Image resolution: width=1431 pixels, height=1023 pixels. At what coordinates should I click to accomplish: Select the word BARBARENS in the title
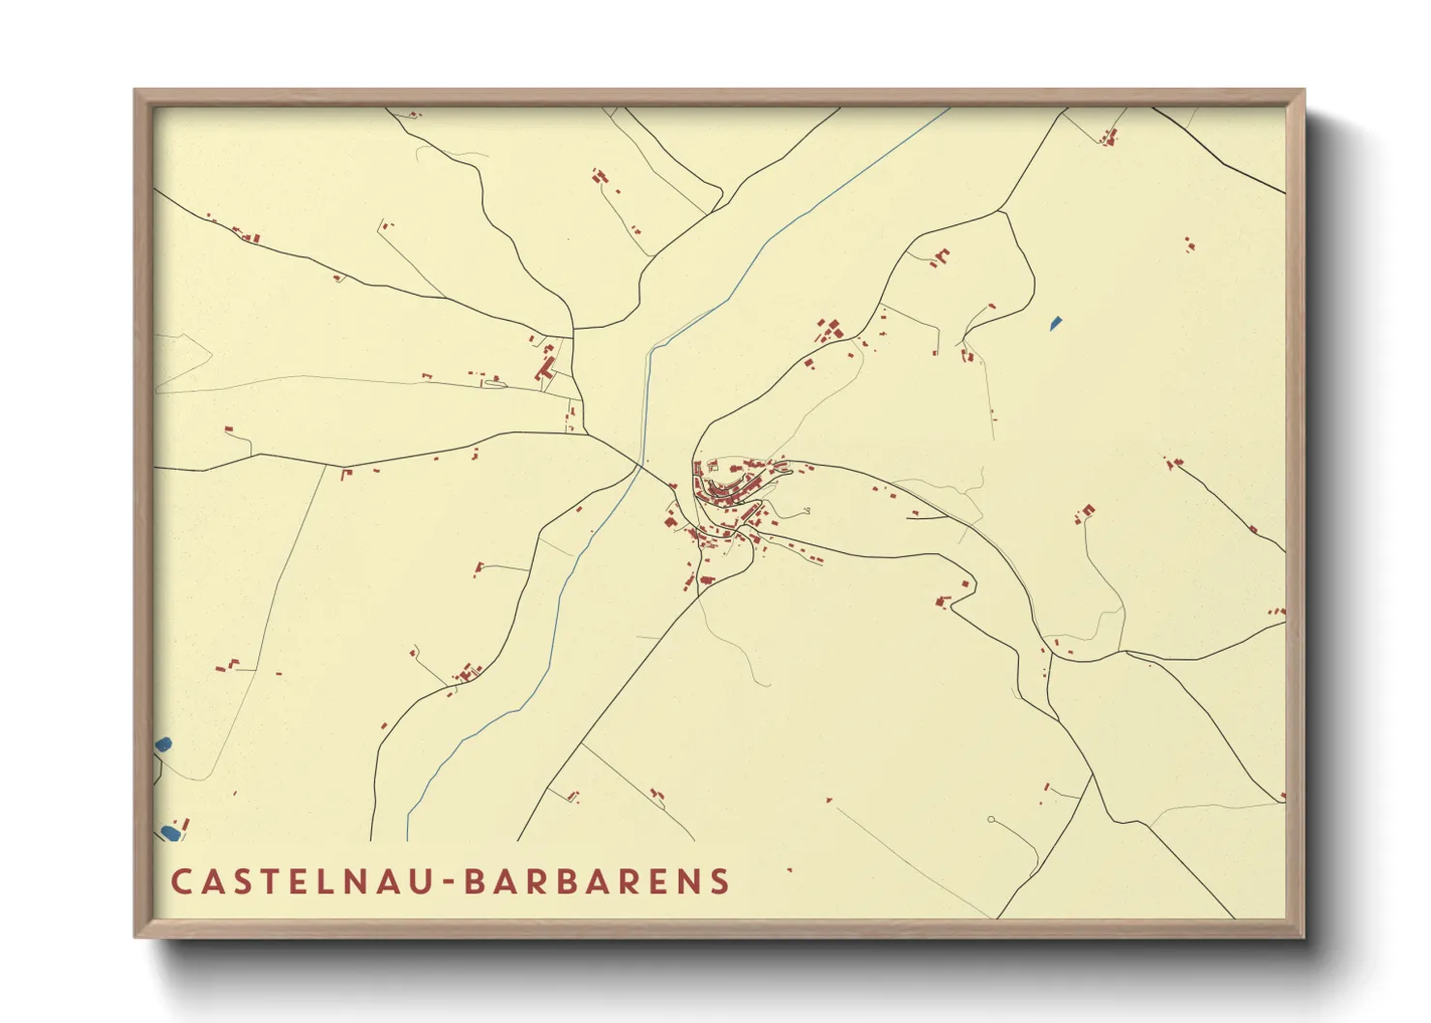(598, 881)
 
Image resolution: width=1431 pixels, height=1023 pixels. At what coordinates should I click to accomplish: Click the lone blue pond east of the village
(1056, 324)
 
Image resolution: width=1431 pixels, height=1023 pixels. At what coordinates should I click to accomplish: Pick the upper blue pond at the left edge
(162, 745)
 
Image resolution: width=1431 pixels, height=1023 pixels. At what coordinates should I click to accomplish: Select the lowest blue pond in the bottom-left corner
(169, 833)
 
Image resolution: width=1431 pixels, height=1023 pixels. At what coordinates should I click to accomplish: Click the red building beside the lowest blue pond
(186, 824)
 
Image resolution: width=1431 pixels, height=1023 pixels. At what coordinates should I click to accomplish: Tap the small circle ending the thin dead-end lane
(991, 820)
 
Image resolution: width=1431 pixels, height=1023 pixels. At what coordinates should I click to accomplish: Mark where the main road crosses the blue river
(638, 467)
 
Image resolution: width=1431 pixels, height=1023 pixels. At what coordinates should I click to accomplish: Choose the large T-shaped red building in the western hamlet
(545, 368)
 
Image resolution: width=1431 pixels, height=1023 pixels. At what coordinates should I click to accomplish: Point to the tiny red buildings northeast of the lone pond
(1188, 243)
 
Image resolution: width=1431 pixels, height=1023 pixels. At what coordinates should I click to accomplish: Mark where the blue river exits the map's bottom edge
(408, 839)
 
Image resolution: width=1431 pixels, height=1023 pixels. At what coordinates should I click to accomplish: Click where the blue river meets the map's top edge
(949, 108)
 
